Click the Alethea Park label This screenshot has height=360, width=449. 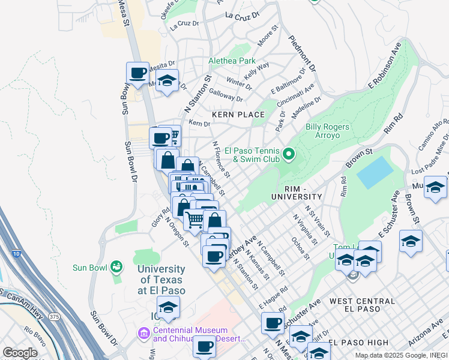pyautogui.click(x=232, y=61)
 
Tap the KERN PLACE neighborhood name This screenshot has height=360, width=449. pyautogui.click(x=238, y=115)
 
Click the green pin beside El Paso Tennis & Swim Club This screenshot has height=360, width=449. pyautogui.click(x=289, y=155)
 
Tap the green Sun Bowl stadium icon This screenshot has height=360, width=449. pyautogui.click(x=117, y=265)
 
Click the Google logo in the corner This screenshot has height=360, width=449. pyautogui.click(x=20, y=353)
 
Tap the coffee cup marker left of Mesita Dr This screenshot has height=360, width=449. pyautogui.click(x=137, y=73)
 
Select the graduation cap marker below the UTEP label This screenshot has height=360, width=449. pyautogui.click(x=169, y=307)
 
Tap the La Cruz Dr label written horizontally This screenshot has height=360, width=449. pyautogui.click(x=184, y=25)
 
